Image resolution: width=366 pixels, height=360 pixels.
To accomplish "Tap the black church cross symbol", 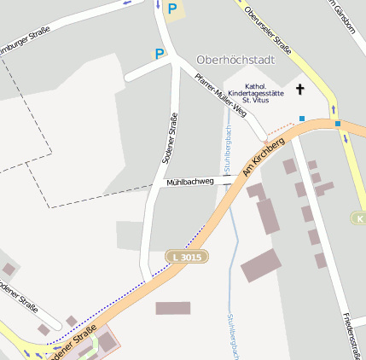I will coord(299,89).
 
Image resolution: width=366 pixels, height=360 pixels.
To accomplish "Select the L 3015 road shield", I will coord(187,256).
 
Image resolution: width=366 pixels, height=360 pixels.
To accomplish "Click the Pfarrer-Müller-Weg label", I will coord(220,96).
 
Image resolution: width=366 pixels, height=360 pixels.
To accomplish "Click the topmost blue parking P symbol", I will coord(172,9).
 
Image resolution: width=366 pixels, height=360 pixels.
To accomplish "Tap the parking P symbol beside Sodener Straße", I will coord(159,54).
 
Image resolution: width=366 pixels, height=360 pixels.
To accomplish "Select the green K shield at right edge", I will coord(358,218).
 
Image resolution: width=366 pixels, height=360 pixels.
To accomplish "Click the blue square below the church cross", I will coord(301,118).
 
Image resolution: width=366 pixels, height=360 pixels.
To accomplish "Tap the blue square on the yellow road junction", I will coord(338,124).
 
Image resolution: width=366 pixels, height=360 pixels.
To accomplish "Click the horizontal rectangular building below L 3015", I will coord(173,308).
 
